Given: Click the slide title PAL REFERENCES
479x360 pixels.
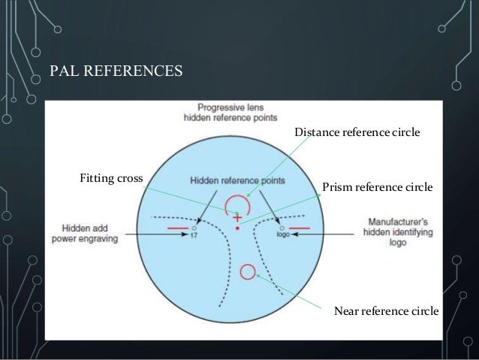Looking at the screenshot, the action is point(116,72).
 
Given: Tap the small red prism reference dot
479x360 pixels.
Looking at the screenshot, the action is point(237,226).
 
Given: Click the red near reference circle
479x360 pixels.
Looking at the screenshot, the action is point(246,271).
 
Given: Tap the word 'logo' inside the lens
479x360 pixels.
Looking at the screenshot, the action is point(282,234).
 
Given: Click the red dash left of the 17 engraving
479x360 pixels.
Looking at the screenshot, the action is point(177,227).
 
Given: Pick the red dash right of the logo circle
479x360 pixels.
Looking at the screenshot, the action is point(299,227).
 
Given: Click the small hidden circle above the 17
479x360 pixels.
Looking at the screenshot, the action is point(194,227).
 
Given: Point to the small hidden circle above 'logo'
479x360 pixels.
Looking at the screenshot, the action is point(282,226).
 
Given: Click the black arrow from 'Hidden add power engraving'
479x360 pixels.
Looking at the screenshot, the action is point(158,235).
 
